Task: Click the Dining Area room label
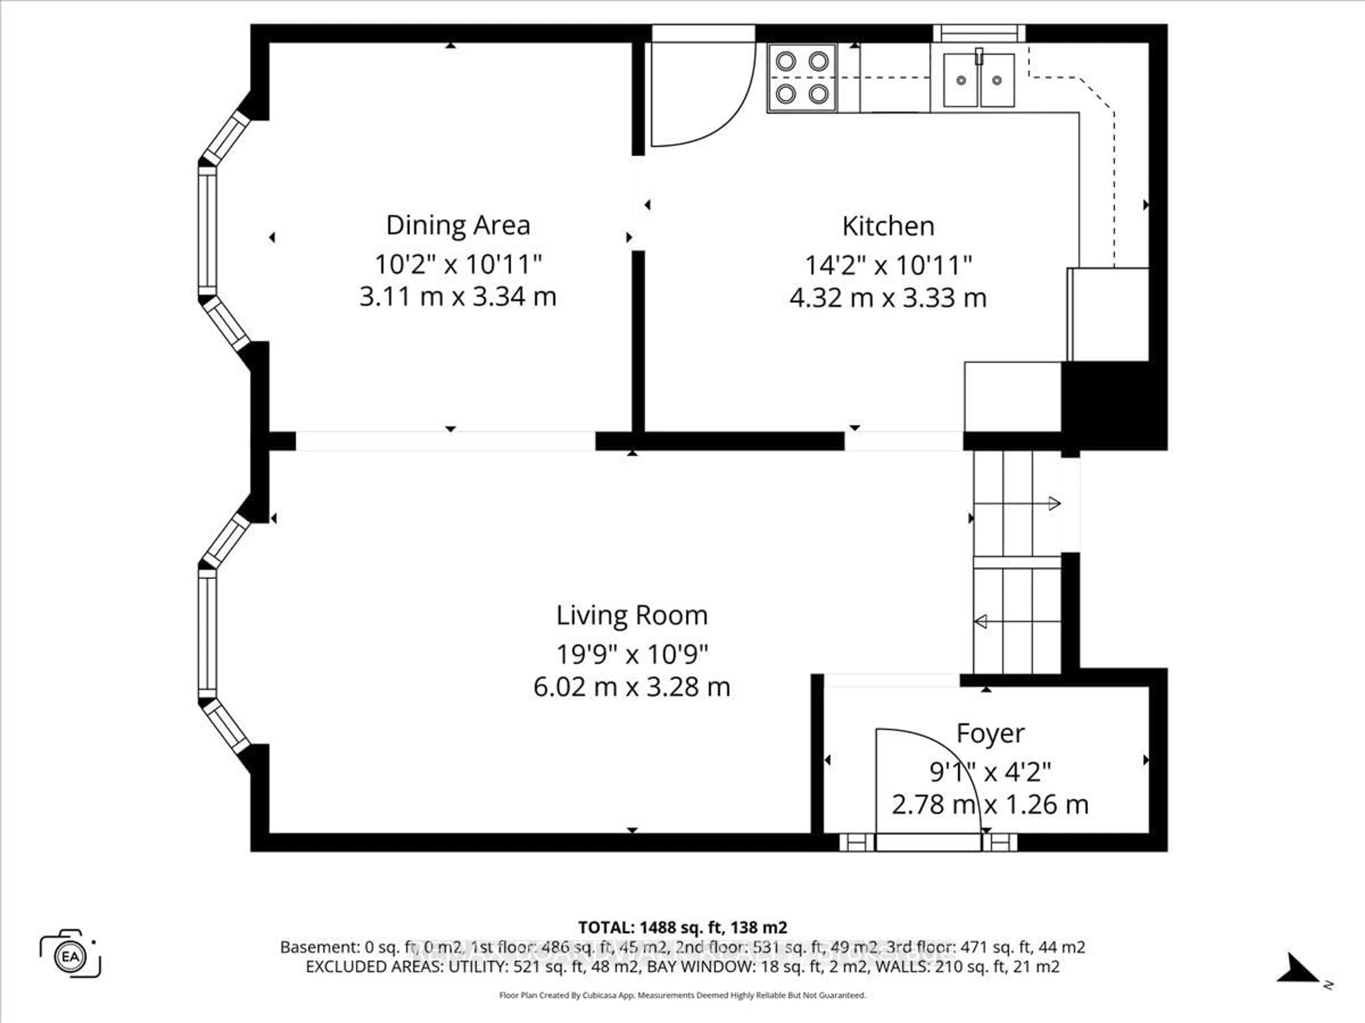coord(458,226)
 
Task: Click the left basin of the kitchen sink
coord(961,80)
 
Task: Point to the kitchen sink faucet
coord(979,57)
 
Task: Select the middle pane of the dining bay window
coord(208,231)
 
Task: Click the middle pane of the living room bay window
coord(208,633)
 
